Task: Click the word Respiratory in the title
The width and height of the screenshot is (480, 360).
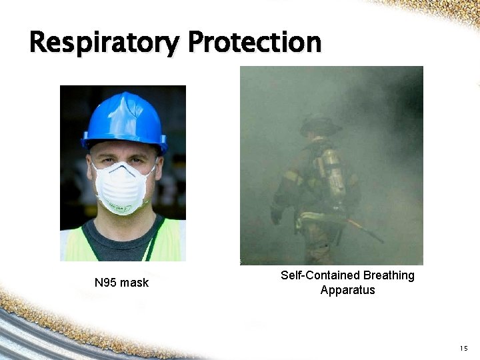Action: pyautogui.click(x=103, y=43)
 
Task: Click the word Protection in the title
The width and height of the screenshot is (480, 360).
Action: pyautogui.click(x=254, y=42)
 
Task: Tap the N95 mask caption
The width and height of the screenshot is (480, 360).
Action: pyautogui.click(x=121, y=283)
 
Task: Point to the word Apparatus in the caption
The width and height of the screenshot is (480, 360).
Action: pyautogui.click(x=347, y=290)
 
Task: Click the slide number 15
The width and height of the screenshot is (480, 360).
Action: pyautogui.click(x=464, y=349)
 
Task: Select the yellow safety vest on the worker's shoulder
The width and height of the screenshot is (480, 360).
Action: pyautogui.click(x=170, y=240)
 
